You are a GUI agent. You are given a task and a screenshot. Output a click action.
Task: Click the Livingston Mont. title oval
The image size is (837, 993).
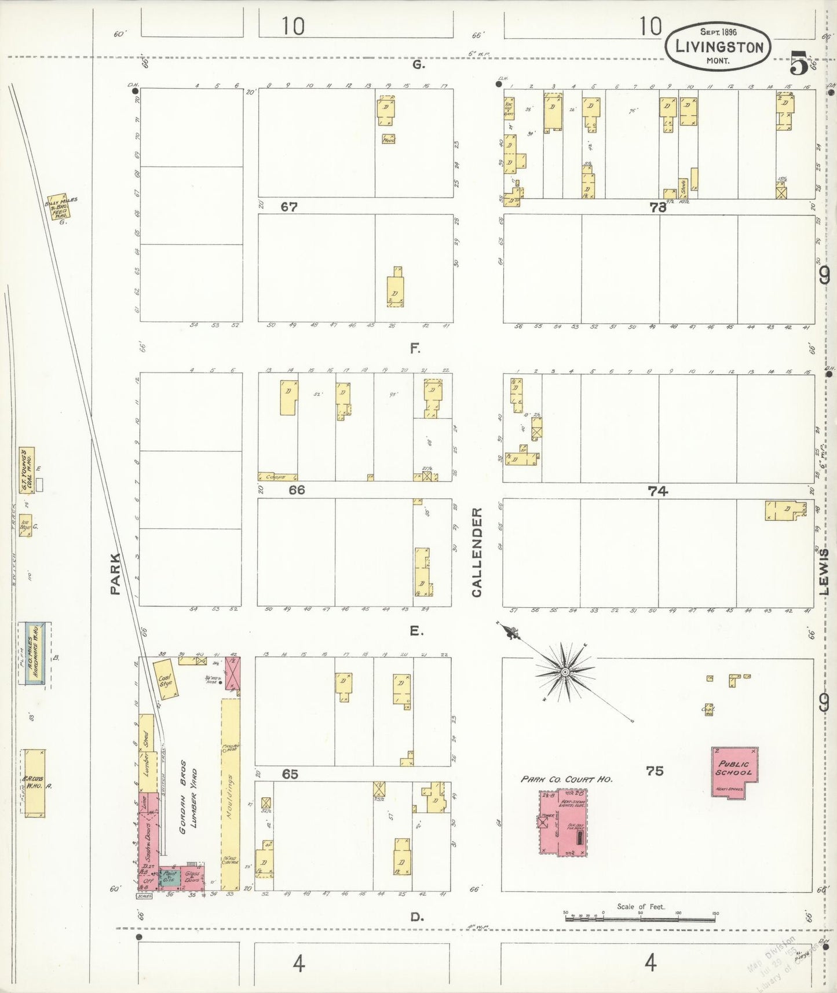pos(719,46)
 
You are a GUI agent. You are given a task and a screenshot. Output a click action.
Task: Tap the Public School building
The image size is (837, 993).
pos(734,771)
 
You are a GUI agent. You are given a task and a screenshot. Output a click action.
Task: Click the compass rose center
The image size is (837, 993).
pos(564,672)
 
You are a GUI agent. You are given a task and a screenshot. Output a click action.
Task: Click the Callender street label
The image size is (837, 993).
pos(477,552)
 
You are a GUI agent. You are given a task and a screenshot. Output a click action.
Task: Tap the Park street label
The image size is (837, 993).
pos(115,574)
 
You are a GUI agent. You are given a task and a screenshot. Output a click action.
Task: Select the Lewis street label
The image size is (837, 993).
pos(824,572)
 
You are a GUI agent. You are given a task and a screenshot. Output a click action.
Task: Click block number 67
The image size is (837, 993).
pos(288,207)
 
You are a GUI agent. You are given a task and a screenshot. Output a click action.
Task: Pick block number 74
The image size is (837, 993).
pos(657,491)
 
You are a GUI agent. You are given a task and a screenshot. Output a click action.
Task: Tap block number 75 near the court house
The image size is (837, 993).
pos(655,771)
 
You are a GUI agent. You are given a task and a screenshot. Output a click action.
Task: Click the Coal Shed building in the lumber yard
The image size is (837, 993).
pos(166,679)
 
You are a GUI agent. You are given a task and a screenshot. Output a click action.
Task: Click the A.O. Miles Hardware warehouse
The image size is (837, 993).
pos(35,654)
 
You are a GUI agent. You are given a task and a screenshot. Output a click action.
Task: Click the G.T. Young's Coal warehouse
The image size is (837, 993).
pos(27,469)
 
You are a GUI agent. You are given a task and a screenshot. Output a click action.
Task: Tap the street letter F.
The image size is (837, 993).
pos(415,349)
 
